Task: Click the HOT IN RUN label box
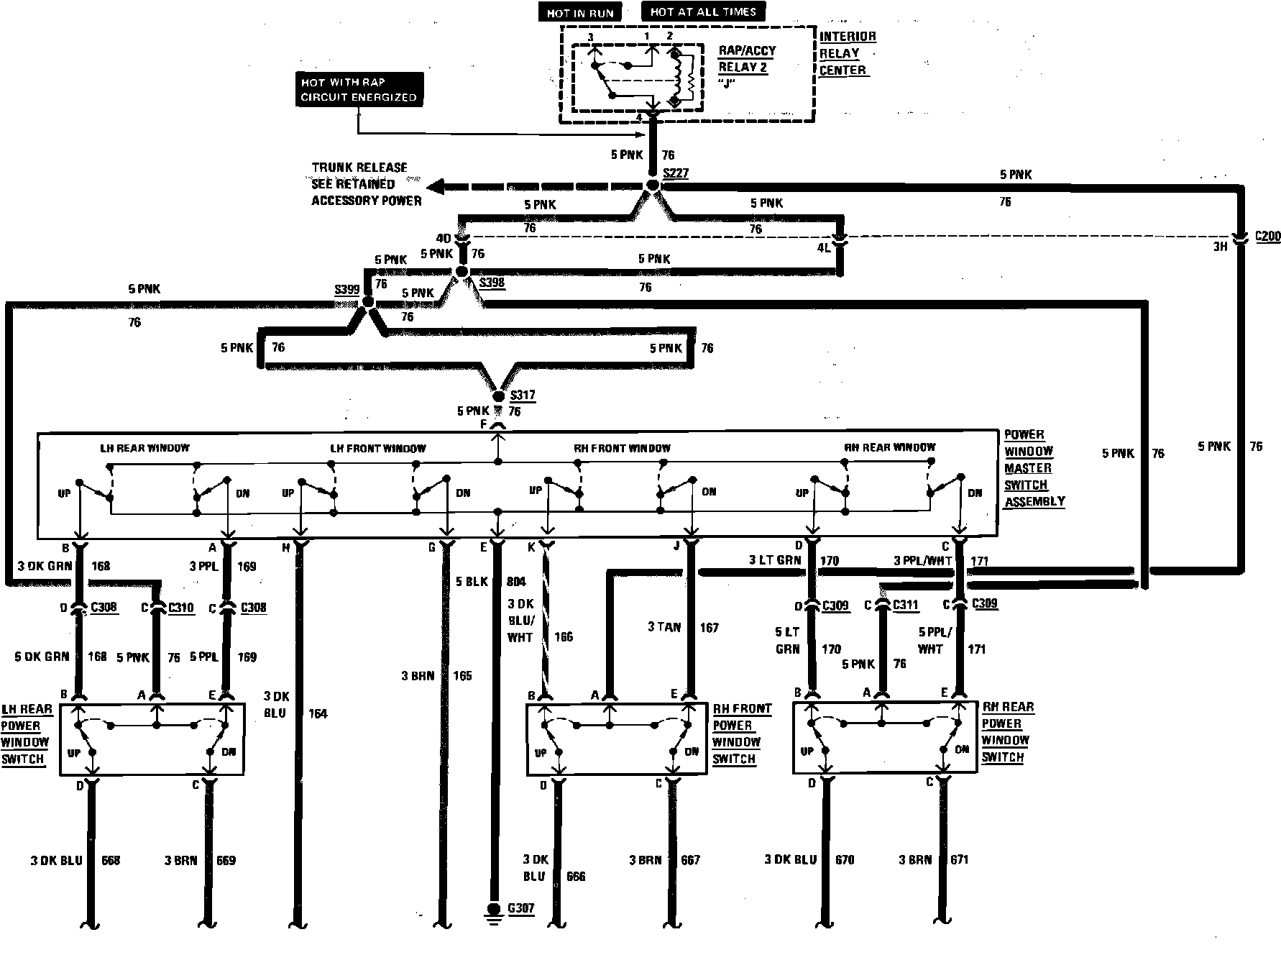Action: coord(580,13)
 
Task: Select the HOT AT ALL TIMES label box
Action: coord(702,12)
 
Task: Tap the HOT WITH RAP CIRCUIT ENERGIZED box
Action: coord(359,90)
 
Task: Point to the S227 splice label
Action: coord(675,173)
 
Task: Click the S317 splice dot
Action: coord(498,396)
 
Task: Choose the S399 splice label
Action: coord(346,290)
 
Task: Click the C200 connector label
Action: coord(1267,236)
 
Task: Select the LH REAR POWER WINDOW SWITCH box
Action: coord(152,739)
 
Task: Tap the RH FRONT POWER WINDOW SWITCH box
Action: coord(617,739)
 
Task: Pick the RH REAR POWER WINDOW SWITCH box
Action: coord(884,738)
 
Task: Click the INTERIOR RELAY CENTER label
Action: coord(847,53)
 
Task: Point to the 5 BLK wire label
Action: coord(472,581)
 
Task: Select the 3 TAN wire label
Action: coord(664,627)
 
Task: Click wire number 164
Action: coord(317,713)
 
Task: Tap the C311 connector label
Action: coord(906,605)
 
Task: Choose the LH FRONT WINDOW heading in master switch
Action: coord(378,448)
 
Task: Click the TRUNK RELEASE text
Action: coord(359,168)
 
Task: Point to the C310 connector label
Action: coord(180,608)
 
